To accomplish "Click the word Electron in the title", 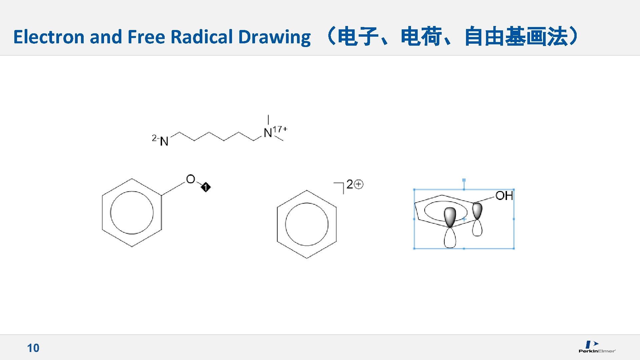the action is pyautogui.click(x=49, y=37).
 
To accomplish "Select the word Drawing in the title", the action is pyautogui.click(x=274, y=37).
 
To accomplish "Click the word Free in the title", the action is pyautogui.click(x=146, y=37).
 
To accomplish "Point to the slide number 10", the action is pyautogui.click(x=33, y=348).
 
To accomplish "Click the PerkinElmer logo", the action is pyautogui.click(x=597, y=347).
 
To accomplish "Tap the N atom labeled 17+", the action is pyautogui.click(x=268, y=133).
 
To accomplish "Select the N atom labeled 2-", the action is pyautogui.click(x=164, y=141).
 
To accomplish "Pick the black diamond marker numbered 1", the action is pyautogui.click(x=206, y=187).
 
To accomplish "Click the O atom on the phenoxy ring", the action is pyautogui.click(x=190, y=179).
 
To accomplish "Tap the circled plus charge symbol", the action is pyautogui.click(x=359, y=184).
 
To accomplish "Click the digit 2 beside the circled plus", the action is pyautogui.click(x=350, y=184).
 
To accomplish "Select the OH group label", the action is pyautogui.click(x=504, y=196).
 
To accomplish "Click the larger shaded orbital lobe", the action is pyautogui.click(x=450, y=217).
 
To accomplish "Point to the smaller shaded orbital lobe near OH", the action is pyautogui.click(x=477, y=210).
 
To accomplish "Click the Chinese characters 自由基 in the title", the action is pyautogui.click(x=495, y=37).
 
